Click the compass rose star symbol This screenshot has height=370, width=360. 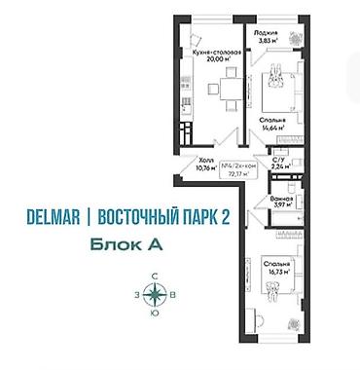pos(155,298)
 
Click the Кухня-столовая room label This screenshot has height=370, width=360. pos(215,50)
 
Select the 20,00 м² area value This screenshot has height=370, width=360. pos(215,58)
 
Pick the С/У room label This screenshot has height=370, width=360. pos(278,158)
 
